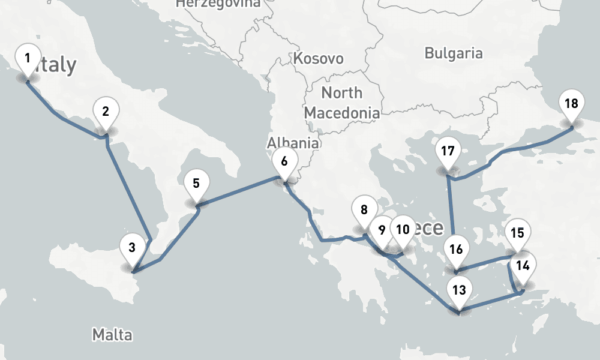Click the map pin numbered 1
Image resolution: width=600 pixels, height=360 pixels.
coord(27,59)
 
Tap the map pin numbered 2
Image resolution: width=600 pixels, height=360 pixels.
coord(106,112)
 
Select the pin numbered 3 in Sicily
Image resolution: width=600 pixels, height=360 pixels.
coord(132,246)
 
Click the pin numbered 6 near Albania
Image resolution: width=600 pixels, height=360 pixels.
coord(284,161)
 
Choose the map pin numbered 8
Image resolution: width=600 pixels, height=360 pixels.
coord(364,210)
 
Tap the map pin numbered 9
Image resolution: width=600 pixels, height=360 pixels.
coord(381,230)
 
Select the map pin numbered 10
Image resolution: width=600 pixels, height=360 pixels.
coord(403,229)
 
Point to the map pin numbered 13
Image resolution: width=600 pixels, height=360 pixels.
coord(459,291)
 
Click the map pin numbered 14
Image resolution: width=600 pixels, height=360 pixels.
coord(523,265)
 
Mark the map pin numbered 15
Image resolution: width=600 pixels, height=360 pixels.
coord(517,233)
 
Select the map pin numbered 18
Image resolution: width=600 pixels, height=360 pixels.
coord(571,104)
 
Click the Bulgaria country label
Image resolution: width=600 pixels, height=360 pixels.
coord(453,53)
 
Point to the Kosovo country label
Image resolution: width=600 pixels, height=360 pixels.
coord(318,59)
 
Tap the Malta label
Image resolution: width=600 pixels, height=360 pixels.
coord(112,334)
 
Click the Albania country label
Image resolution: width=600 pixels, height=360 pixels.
coord(293,143)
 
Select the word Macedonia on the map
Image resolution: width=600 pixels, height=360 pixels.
coord(341,112)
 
